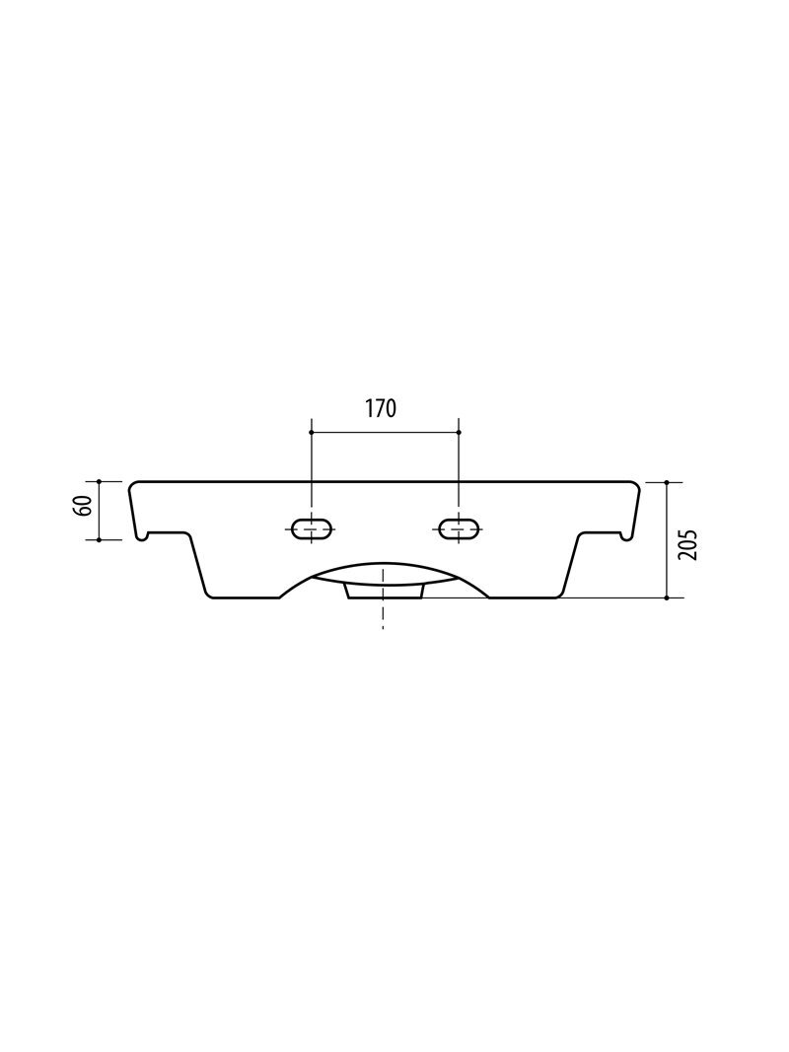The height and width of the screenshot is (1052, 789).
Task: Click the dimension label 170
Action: pyautogui.click(x=381, y=408)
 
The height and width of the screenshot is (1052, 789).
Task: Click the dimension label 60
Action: pyautogui.click(x=85, y=506)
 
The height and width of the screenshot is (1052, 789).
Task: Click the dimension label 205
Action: pyautogui.click(x=688, y=545)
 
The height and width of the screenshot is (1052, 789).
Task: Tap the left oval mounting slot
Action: pyautogui.click(x=312, y=528)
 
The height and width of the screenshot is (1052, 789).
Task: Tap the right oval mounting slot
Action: pyautogui.click(x=459, y=528)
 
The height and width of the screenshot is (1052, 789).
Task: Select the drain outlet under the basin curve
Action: pyautogui.click(x=385, y=591)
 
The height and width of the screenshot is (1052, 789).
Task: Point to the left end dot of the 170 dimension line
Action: pyautogui.click(x=312, y=432)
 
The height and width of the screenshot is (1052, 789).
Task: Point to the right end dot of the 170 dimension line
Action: pyautogui.click(x=459, y=432)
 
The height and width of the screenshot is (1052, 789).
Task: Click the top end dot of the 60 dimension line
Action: pyautogui.click(x=98, y=482)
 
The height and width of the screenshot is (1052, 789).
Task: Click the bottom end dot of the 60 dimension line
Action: pyautogui.click(x=98, y=538)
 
